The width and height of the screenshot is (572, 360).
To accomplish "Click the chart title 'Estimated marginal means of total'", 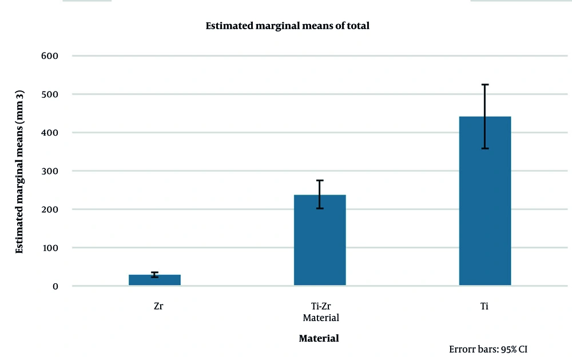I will tap(288, 26).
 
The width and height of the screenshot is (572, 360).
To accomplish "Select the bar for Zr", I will tap(154, 280).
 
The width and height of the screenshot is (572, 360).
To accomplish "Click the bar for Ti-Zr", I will tap(320, 240).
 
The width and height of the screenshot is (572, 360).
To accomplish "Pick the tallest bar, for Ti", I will tap(484, 200).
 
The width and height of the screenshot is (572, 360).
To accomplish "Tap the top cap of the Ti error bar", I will tap(484, 85).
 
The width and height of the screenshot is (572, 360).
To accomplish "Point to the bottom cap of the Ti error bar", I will tap(484, 148).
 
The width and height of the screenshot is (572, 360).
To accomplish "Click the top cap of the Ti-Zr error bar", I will tap(320, 180).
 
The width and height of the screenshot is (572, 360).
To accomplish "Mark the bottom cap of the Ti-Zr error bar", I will tap(320, 208).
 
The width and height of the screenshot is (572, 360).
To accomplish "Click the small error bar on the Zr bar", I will tap(154, 275).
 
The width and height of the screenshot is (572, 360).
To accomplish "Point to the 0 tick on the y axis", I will tap(55, 286).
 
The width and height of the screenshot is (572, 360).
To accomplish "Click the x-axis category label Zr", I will tap(158, 306).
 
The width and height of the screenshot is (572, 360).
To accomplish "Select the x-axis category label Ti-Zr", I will tap(320, 306).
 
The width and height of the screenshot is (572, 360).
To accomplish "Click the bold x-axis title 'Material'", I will tap(319, 338).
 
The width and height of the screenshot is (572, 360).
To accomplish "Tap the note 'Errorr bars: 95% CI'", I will tap(492, 349).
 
